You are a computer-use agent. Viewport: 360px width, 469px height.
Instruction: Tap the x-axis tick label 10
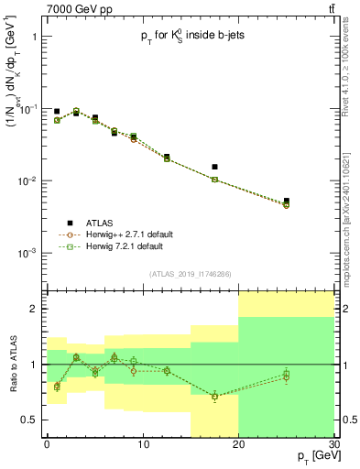click(142, 444)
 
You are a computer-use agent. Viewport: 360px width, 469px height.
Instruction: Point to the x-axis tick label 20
click(238, 444)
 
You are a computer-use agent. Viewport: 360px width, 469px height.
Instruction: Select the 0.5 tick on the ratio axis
click(29, 420)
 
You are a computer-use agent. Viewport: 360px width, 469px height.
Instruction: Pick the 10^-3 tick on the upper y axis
click(27, 253)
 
